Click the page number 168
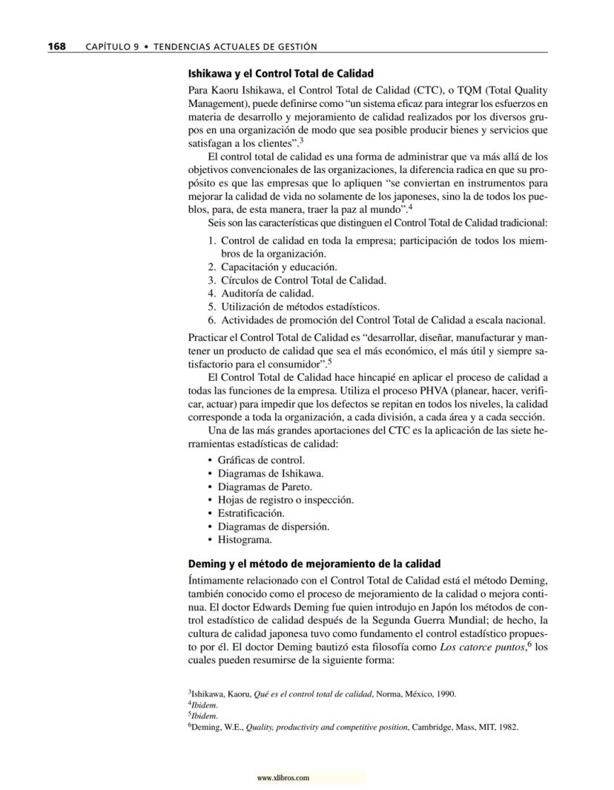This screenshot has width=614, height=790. [56, 47]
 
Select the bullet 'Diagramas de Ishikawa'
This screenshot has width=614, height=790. [271, 473]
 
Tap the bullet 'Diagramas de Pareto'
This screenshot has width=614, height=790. [265, 486]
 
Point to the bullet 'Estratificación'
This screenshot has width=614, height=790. [251, 513]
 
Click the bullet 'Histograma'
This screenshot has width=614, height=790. [245, 540]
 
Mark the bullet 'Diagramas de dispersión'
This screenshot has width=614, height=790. [274, 526]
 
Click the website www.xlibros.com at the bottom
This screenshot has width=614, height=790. [283, 777]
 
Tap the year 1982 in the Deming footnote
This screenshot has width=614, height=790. [506, 728]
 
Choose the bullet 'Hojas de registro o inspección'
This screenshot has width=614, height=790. [285, 500]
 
